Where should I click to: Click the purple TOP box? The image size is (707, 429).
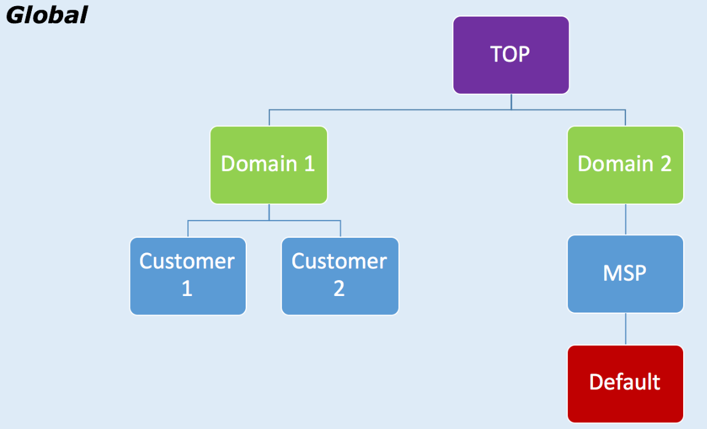click(x=510, y=55)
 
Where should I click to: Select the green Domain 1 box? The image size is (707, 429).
click(x=268, y=165)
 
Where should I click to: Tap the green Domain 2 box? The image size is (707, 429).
click(x=625, y=165)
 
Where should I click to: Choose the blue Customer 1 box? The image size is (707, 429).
click(x=187, y=276)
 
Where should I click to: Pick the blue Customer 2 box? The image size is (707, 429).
click(x=339, y=276)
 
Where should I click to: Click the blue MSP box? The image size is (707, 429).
click(x=625, y=274)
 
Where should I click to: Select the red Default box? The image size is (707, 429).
click(x=625, y=383)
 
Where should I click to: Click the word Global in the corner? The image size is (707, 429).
click(x=46, y=15)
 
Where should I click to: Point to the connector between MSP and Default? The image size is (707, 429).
click(x=626, y=329)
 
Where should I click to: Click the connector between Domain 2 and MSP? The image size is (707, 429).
click(x=626, y=219)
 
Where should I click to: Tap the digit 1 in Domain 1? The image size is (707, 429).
click(x=309, y=164)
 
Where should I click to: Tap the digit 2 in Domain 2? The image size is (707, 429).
click(x=665, y=164)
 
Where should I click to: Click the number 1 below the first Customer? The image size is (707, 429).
click(x=187, y=289)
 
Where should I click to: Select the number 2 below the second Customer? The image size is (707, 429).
click(x=339, y=289)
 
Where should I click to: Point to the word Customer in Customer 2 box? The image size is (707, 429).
click(x=339, y=262)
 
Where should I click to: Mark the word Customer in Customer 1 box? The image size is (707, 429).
click(x=187, y=262)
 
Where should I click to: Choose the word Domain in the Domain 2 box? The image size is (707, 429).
click(x=615, y=164)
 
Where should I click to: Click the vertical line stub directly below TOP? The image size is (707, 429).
click(x=512, y=102)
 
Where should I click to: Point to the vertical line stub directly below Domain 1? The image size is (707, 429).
click(x=269, y=212)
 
